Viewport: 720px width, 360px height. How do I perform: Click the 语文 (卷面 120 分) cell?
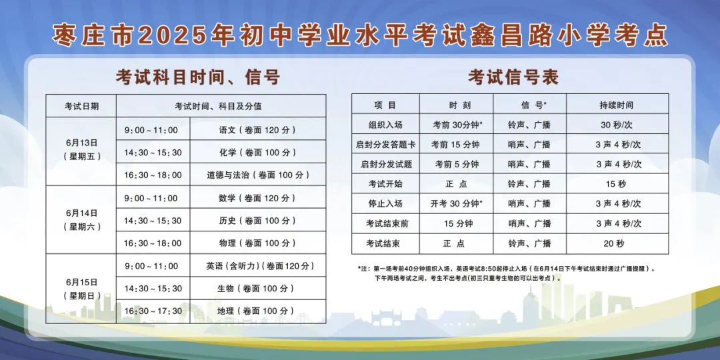coord(257,129)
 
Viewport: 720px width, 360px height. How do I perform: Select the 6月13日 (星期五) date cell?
coord(81,151)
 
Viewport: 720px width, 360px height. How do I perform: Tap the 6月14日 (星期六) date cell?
coord(81,219)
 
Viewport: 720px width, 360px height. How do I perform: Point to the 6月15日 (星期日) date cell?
coord(81,289)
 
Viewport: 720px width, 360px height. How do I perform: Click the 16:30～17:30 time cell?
coord(153,311)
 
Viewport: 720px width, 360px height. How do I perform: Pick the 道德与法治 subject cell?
coord(257,175)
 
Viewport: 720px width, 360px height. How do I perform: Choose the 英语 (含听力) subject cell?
coord(257,266)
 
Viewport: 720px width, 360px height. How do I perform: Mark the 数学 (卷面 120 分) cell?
coord(257,198)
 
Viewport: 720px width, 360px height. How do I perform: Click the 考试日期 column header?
coord(81,106)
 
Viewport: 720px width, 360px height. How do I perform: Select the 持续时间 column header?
coord(617,105)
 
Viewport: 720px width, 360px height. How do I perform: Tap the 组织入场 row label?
coord(385,125)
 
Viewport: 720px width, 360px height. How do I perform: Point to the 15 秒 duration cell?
coord(617,184)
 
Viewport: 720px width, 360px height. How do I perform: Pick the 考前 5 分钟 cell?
coord(456,164)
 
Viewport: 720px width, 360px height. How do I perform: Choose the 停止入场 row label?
coord(385,203)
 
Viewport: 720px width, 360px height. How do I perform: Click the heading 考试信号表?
coord(513,77)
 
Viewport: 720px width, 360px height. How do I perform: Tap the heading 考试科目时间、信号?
coord(198,77)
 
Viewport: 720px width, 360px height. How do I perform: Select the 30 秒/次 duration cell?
coord(617,125)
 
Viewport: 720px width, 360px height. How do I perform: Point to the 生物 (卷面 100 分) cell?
coord(257,289)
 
